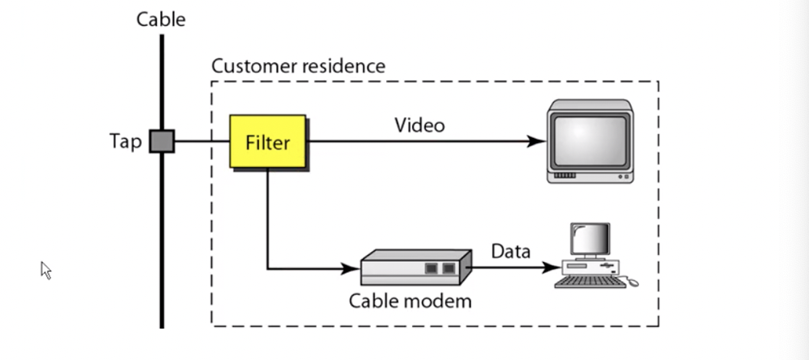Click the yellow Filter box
tap(267, 142)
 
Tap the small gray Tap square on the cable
tap(162, 142)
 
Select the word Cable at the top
tap(161, 19)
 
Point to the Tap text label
tap(126, 142)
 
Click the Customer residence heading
tap(298, 66)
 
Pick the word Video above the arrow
tap(419, 125)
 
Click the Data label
tap(510, 251)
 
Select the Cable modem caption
tap(411, 300)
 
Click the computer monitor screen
tap(589, 240)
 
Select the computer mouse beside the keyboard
tap(633, 282)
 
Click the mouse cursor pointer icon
tap(45, 270)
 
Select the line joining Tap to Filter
tap(202, 142)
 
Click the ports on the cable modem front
tap(441, 269)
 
